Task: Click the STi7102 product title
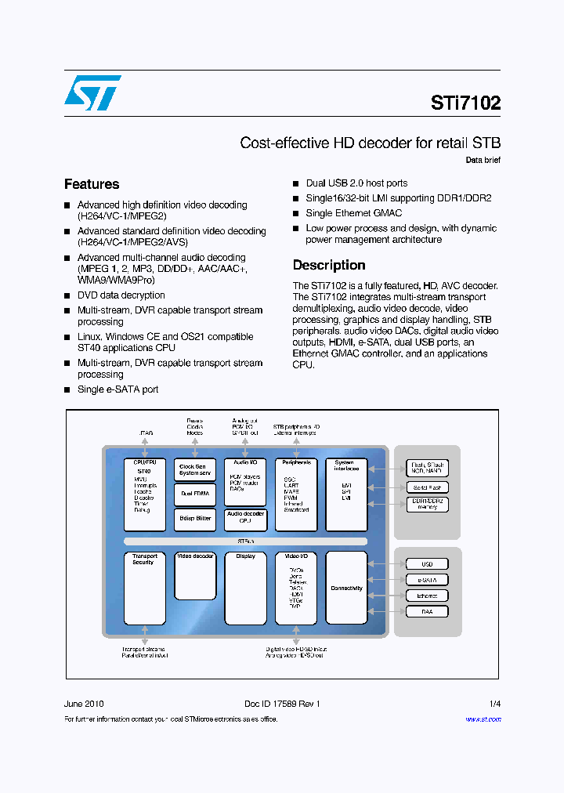465,103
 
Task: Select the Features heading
92,184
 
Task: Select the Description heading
329,265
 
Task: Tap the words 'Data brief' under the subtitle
483,160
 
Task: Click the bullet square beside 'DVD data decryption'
67,295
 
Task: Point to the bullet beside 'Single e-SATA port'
67,390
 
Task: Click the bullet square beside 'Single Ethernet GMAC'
296,213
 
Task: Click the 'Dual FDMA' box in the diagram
195,494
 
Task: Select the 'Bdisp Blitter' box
195,518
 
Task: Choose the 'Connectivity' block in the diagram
346,588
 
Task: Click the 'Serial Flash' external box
427,487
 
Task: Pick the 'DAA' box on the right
427,611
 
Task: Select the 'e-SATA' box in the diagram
427,580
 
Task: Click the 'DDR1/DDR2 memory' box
427,504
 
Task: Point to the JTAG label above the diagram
146,433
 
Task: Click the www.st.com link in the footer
483,719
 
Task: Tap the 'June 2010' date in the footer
84,704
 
